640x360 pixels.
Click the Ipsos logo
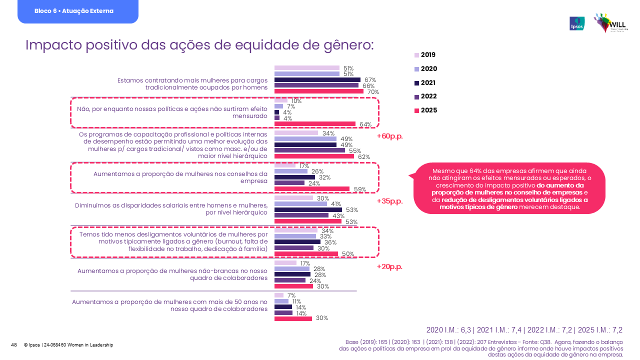click(x=577, y=23)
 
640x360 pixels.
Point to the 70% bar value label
click(x=373, y=92)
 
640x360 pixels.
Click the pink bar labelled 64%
click(x=315, y=124)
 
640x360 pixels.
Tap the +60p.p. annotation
click(x=389, y=136)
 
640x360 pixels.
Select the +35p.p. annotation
click(x=389, y=201)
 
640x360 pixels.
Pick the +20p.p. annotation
click(x=389, y=266)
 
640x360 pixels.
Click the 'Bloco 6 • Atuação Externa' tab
click(x=77, y=11)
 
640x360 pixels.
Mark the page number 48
click(x=14, y=345)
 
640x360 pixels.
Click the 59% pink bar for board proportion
click(x=312, y=189)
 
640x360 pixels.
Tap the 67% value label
click(x=370, y=80)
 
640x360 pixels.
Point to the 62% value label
click(x=364, y=157)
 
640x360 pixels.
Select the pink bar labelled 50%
click(x=306, y=254)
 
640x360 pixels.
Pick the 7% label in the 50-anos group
click(x=291, y=295)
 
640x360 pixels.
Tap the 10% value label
click(x=296, y=101)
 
